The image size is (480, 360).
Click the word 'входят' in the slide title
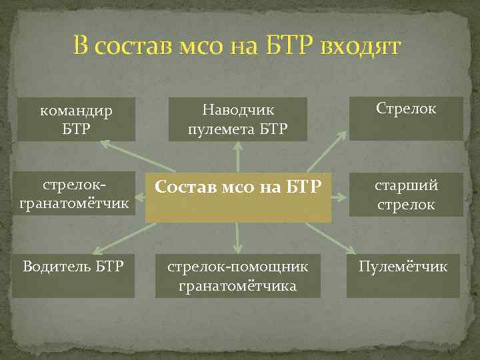click(x=360, y=47)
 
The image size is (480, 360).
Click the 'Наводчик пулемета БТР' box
click(x=238, y=119)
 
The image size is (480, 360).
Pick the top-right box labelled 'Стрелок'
click(x=406, y=118)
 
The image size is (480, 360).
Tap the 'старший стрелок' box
click(x=406, y=195)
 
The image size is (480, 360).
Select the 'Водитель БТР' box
click(x=73, y=275)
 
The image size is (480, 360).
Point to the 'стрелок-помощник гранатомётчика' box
click(x=238, y=276)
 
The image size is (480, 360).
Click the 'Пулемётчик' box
click(x=403, y=275)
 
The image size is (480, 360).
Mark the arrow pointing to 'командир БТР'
click(x=137, y=157)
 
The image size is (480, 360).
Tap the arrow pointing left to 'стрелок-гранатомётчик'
click(x=141, y=197)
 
